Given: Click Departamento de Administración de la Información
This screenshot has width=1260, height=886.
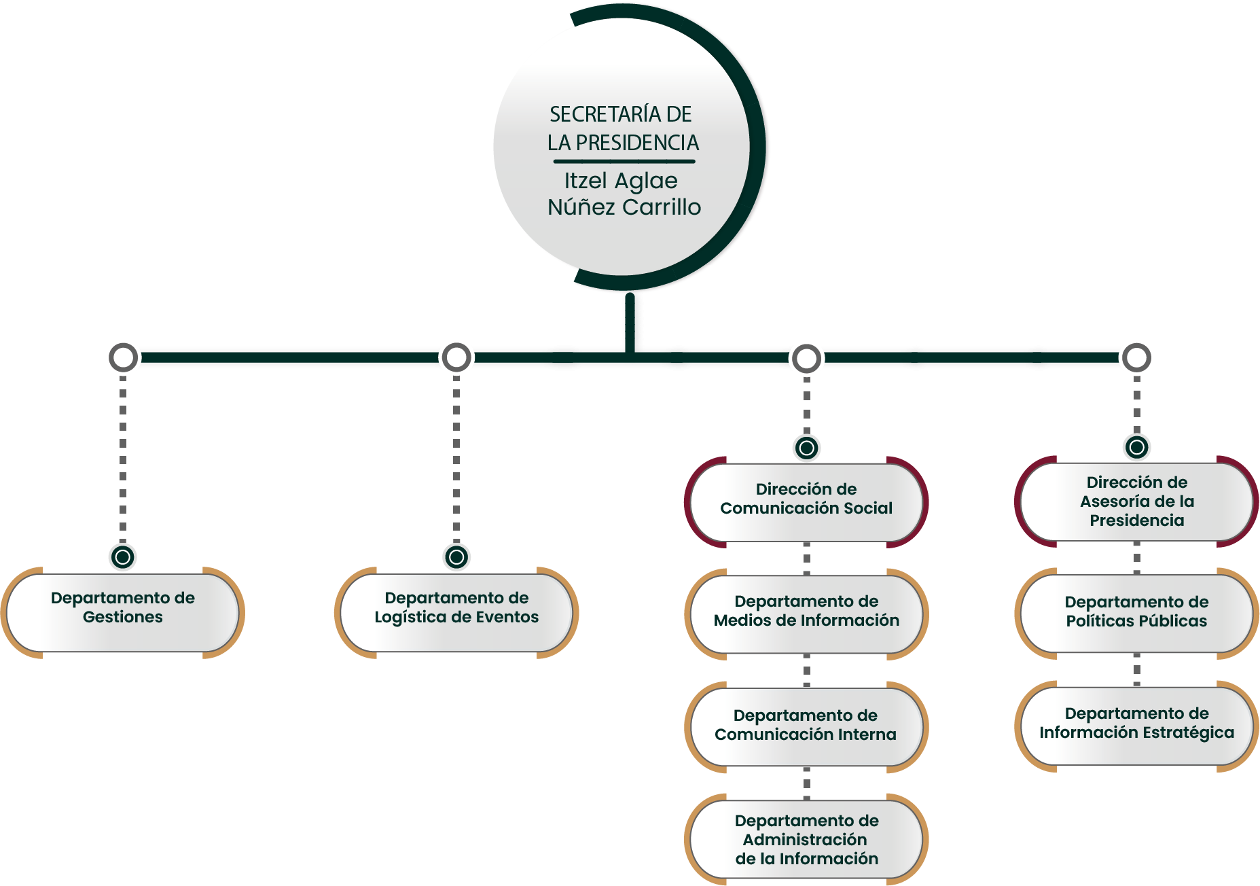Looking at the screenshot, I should (x=806, y=840).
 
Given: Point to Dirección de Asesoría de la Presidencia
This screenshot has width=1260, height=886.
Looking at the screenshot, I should (x=1136, y=501).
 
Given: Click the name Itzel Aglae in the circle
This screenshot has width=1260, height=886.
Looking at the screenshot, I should (x=621, y=181).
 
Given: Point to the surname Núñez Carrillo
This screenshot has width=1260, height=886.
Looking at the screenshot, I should (x=624, y=207).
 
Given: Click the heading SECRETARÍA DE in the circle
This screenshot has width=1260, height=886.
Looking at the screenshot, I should (x=621, y=114).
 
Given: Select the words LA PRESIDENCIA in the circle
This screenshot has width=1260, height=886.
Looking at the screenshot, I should (x=623, y=143).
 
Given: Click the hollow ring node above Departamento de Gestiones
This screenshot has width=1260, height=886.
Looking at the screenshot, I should (x=124, y=357).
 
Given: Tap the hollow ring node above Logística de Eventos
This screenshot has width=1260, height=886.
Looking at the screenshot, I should (x=456, y=357).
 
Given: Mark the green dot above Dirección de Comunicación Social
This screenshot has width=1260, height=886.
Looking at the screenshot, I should (x=806, y=448).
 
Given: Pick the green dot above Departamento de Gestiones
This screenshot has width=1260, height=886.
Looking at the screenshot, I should (x=123, y=557).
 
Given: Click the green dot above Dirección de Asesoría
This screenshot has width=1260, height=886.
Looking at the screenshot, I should (x=1136, y=447).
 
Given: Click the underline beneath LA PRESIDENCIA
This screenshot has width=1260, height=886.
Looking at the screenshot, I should (x=624, y=162).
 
